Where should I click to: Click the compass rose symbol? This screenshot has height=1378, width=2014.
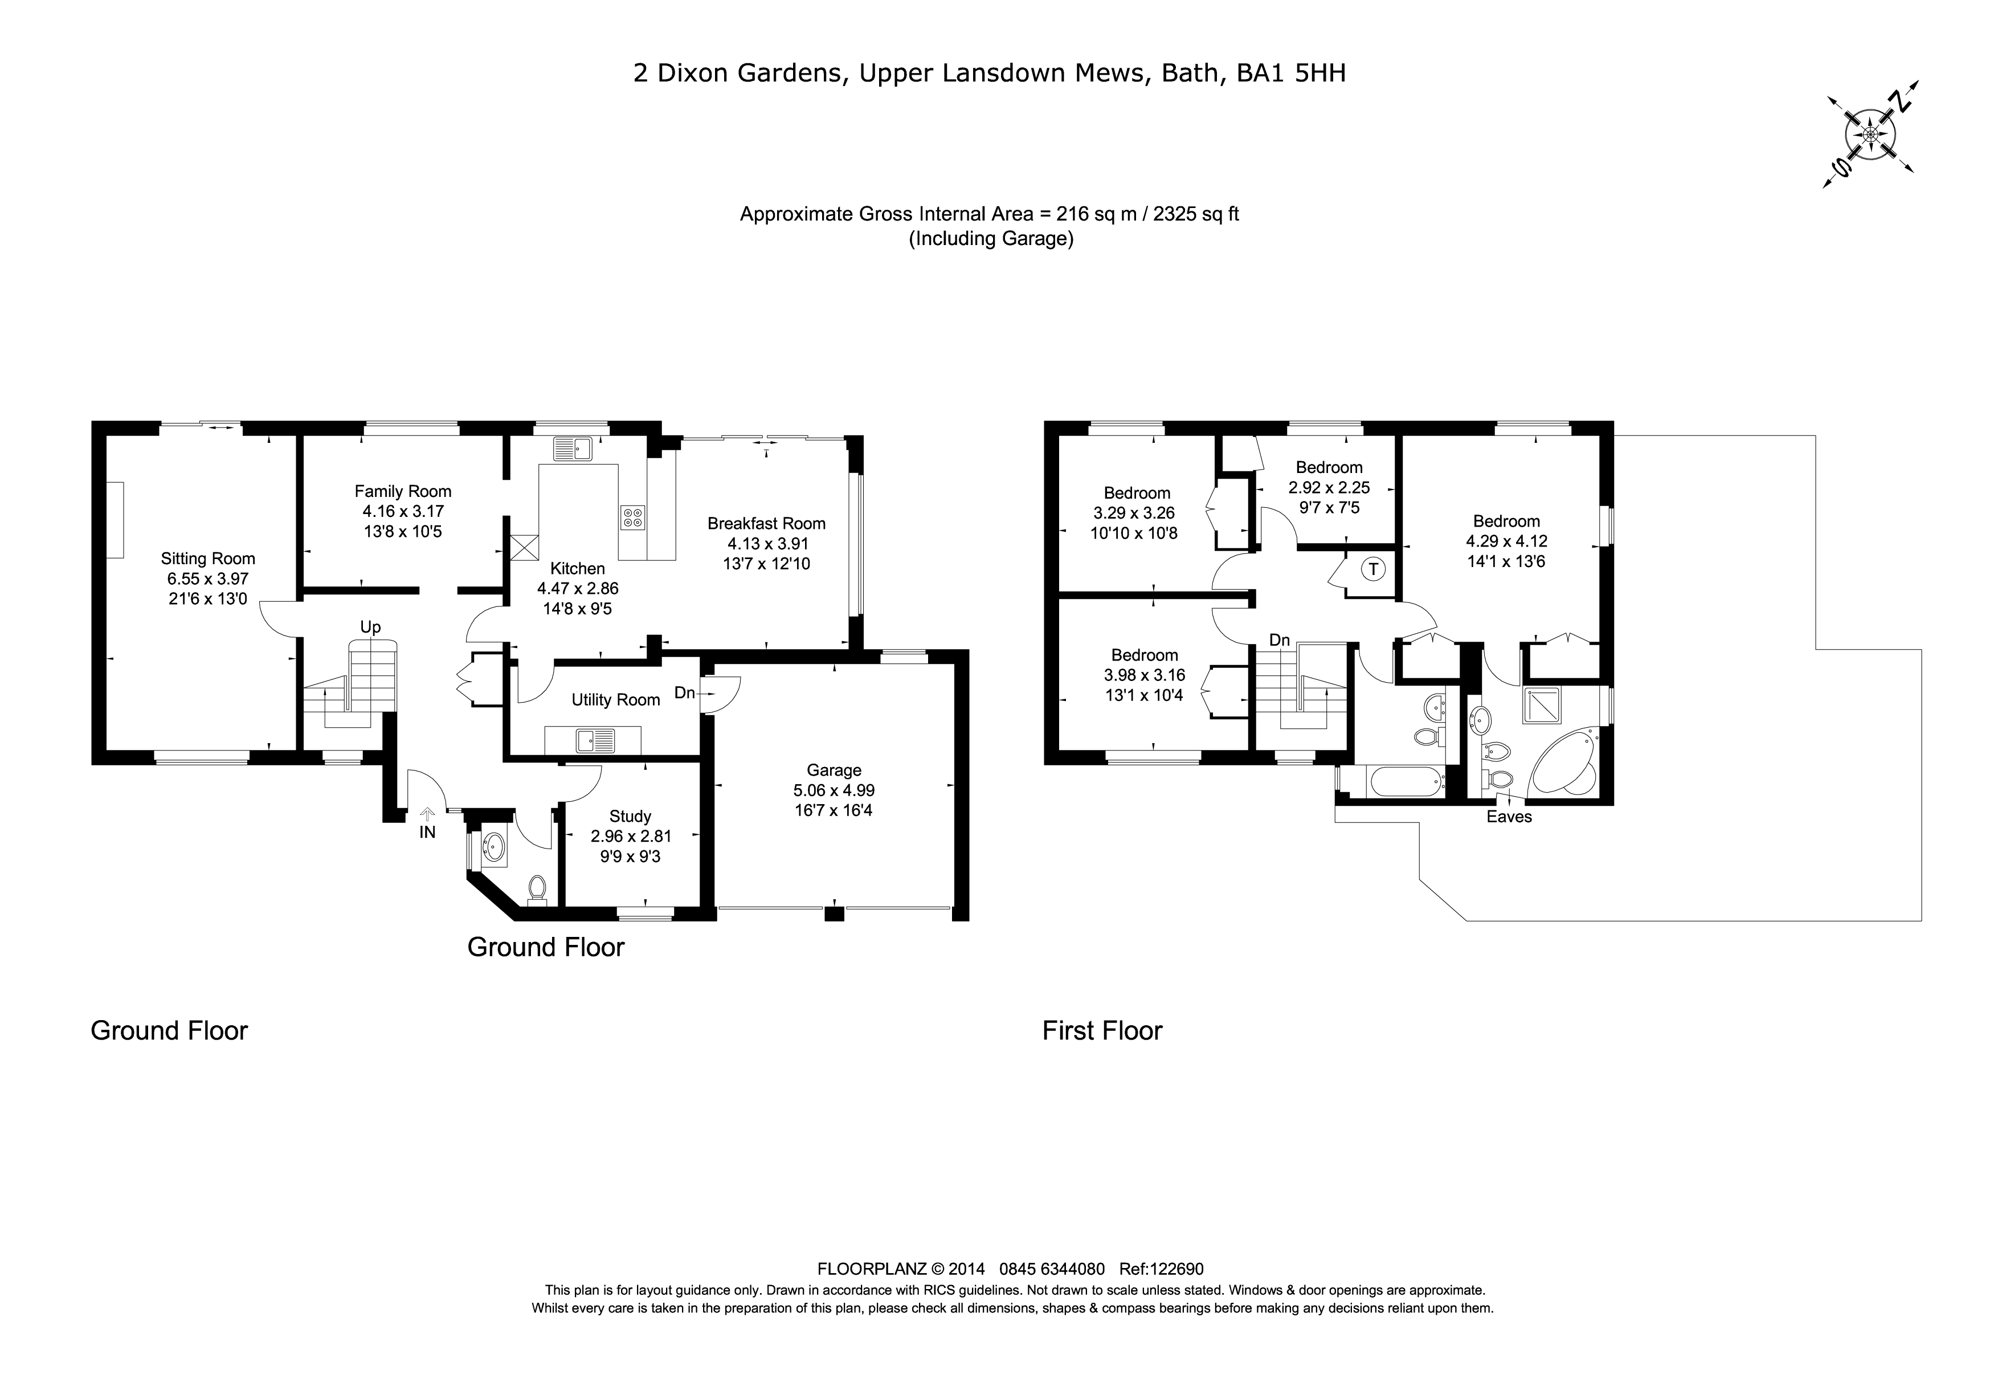click(1870, 135)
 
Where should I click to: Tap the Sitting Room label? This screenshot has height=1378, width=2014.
click(208, 559)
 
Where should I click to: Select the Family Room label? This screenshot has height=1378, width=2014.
click(403, 491)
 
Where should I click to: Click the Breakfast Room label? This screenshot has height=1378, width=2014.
click(766, 524)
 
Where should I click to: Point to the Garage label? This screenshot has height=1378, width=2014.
click(834, 769)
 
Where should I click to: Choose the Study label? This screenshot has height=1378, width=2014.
click(630, 817)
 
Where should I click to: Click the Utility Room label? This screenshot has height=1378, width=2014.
click(615, 699)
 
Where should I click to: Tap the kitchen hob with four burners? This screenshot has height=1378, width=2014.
click(632, 517)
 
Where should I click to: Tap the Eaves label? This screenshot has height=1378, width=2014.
click(1509, 817)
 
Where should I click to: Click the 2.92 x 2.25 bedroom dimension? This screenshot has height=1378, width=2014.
click(1329, 488)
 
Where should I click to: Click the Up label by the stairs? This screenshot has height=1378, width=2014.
click(370, 627)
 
